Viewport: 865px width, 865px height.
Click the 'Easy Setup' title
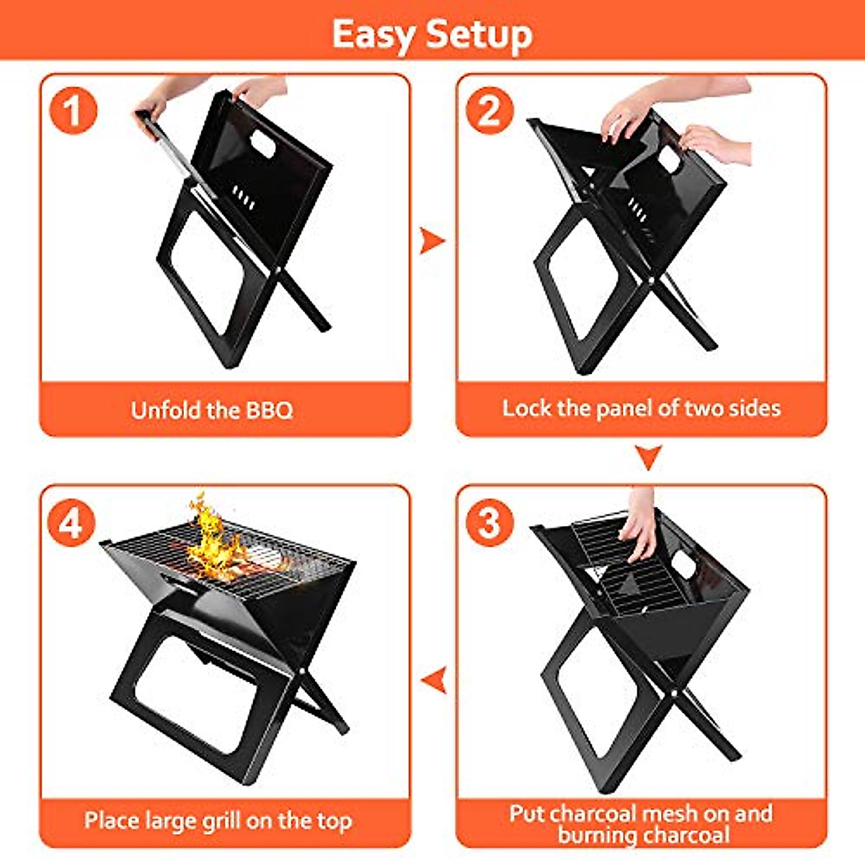pos(432,34)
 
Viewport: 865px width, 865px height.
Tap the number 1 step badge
pos(72,111)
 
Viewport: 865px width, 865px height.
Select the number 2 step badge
pos(489,111)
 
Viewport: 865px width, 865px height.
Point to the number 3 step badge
pos(489,521)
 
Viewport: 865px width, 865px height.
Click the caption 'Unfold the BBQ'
pos(212,410)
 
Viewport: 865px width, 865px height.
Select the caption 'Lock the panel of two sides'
pos(641,408)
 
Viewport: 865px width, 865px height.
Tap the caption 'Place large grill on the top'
pos(218,820)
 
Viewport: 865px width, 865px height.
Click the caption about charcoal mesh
pos(641,824)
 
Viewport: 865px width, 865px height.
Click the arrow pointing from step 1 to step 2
pos(432,241)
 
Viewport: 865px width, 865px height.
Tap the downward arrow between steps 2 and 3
pos(648,457)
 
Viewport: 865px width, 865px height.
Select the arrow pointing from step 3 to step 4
pos(433,679)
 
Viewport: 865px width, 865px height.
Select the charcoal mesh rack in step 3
pos(629,569)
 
